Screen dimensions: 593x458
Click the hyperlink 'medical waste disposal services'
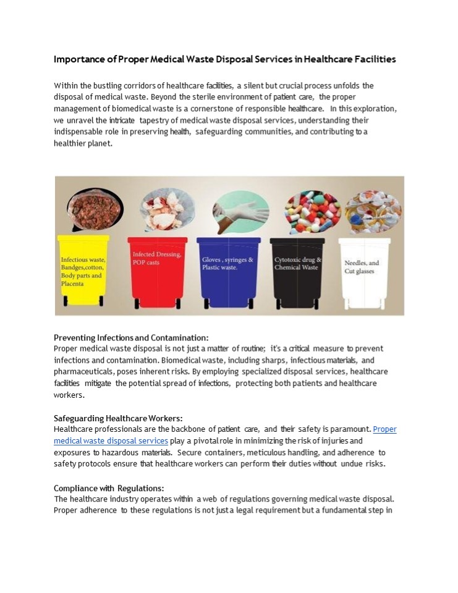click(111, 440)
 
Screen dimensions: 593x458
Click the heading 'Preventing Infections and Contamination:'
click(131, 337)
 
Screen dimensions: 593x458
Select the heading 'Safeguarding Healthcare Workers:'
click(118, 418)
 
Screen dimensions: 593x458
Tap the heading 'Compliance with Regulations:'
click(109, 488)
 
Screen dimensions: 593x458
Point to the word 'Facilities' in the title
click(372, 60)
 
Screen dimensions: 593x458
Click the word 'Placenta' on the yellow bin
click(72, 284)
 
